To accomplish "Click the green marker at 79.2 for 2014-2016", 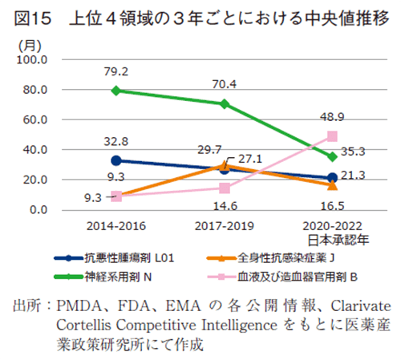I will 117,91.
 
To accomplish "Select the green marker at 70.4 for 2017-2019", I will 225,103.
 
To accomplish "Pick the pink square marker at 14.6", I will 225,188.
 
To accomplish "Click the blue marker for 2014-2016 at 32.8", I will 117,160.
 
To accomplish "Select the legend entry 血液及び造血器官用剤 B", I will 297,274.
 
